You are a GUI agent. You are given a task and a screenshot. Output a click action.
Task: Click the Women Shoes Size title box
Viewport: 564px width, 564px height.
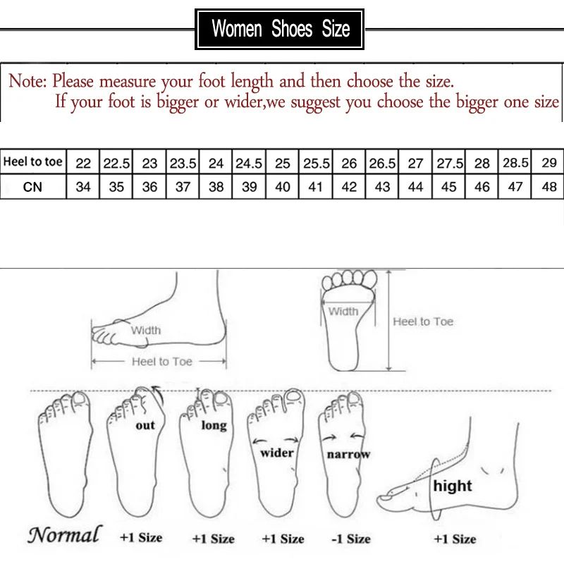pos(281,29)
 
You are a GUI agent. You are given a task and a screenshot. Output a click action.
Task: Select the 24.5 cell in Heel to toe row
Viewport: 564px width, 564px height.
pos(249,164)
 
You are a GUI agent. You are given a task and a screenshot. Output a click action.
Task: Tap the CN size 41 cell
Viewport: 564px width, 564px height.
pos(316,188)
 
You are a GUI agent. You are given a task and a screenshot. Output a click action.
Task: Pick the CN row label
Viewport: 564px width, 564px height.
pos(32,188)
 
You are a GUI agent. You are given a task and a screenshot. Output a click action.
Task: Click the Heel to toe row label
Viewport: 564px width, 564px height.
pos(33,162)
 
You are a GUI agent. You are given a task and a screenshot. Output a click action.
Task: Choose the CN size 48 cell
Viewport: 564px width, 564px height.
pos(549,188)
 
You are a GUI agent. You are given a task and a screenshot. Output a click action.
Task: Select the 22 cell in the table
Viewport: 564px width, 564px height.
pos(83,164)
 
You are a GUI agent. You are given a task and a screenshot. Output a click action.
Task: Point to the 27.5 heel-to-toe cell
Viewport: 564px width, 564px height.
pos(448,164)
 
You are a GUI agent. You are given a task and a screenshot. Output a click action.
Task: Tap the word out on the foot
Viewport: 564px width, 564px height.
pos(145,425)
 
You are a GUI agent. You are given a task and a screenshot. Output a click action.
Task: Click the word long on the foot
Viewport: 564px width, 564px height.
pos(214,425)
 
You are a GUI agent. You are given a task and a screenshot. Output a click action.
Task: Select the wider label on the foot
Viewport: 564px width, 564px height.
pos(277,453)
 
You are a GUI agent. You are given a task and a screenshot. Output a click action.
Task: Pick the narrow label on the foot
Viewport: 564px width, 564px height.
pos(348,455)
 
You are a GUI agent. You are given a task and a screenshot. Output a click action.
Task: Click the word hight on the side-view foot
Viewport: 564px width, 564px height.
pos(453,486)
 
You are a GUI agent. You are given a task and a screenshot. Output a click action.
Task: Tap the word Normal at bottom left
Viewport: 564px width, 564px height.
pos(65,535)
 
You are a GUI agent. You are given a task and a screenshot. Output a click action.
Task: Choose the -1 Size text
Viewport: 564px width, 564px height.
pos(350,539)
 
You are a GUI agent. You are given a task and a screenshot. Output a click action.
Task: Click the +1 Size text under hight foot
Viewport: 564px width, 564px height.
pos(455,539)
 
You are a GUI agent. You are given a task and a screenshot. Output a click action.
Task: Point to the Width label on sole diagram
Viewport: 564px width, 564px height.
pos(343,311)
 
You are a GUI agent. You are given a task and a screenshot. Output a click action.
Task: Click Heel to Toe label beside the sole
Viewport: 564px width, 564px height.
pos(423,321)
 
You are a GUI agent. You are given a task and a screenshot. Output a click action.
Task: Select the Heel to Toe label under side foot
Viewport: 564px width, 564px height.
pos(162,362)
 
